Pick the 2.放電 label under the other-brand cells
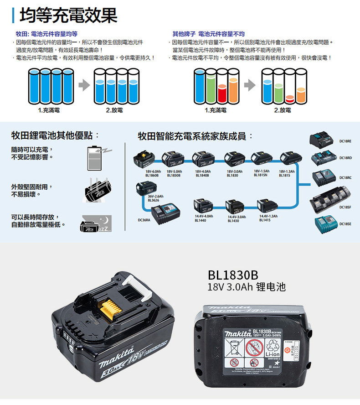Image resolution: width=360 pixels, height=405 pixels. point(283,110)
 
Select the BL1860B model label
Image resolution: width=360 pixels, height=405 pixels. point(152,175)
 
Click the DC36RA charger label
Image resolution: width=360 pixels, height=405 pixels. point(144,220)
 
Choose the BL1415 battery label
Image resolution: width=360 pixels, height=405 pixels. point(265,220)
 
